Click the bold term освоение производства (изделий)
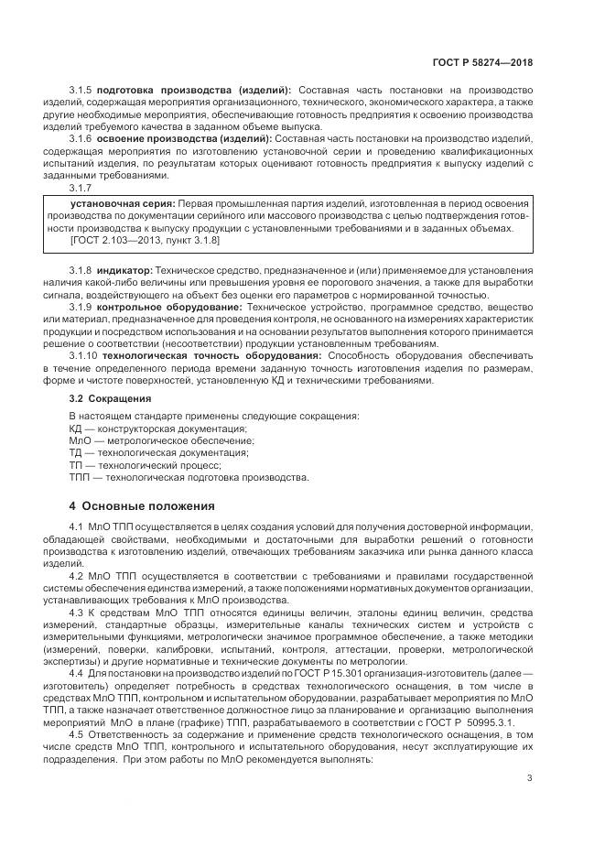tap(186, 137)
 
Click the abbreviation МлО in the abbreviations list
tap(81, 440)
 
